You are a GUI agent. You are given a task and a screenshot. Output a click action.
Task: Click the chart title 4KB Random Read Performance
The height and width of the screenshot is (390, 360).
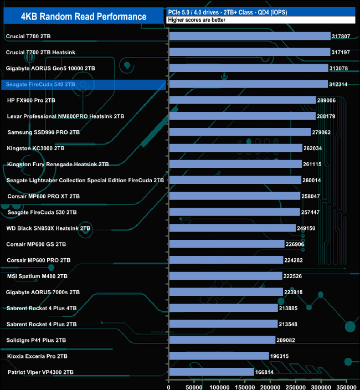click(83, 17)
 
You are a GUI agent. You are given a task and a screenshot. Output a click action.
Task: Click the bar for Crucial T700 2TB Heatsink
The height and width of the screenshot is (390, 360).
click(249, 52)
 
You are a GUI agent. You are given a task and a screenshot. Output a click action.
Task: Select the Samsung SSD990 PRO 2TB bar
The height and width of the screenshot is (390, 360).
click(240, 132)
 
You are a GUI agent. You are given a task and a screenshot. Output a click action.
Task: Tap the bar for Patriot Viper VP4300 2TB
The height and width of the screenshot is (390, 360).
click(211, 372)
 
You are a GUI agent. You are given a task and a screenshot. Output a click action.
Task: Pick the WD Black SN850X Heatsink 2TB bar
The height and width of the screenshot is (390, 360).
click(232, 228)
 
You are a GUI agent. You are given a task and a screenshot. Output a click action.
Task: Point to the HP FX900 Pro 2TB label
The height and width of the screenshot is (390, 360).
click(31, 100)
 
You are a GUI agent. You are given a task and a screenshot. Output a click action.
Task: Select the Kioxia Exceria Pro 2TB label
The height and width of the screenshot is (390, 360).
click(37, 356)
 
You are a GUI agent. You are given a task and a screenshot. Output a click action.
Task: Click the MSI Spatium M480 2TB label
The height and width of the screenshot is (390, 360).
click(37, 276)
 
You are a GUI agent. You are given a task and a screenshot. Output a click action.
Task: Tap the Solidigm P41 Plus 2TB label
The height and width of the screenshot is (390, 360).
click(37, 340)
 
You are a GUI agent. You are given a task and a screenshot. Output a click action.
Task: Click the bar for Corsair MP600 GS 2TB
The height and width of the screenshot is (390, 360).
click(227, 244)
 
